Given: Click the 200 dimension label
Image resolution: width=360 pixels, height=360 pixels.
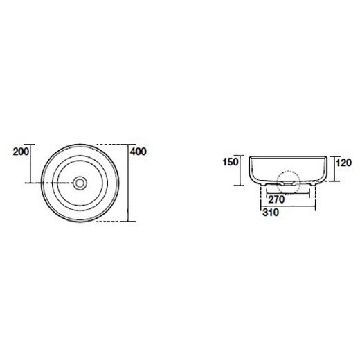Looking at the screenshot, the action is point(21,152).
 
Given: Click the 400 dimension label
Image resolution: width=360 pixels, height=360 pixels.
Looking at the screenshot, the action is point(138,152).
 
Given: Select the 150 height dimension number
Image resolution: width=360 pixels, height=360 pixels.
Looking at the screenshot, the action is point(230,162).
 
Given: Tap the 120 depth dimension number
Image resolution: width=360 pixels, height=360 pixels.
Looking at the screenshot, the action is point(343,163).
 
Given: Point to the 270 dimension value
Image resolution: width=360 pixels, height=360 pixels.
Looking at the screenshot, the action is point(276,199).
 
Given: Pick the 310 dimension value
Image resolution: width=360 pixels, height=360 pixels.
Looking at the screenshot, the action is point(271,213).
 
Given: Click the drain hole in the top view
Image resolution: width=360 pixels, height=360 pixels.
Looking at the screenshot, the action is point(80,183).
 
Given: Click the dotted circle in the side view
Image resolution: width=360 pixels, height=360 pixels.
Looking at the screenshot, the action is point(289,182).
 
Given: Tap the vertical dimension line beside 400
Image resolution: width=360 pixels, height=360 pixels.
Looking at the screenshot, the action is point(129,183).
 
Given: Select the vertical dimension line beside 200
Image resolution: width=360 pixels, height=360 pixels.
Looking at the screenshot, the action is point(30,163).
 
